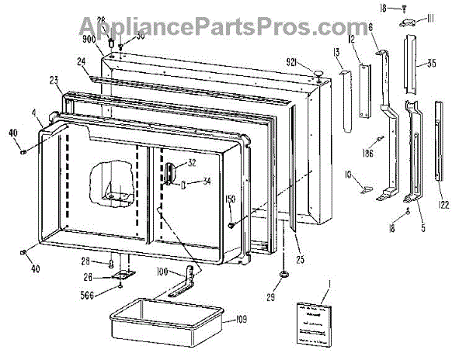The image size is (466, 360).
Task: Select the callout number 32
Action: point(191,163)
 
